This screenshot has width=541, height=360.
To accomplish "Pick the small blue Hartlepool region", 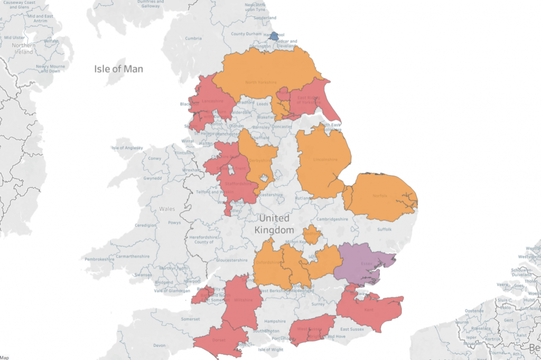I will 274,36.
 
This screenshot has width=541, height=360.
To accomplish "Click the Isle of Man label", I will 118,69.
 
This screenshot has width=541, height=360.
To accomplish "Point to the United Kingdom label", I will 274,224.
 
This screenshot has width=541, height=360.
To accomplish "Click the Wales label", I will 166,209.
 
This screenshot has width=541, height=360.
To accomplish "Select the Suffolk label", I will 384,229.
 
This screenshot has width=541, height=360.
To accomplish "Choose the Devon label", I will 159,345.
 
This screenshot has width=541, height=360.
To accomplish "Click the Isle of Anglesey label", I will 126,148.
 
